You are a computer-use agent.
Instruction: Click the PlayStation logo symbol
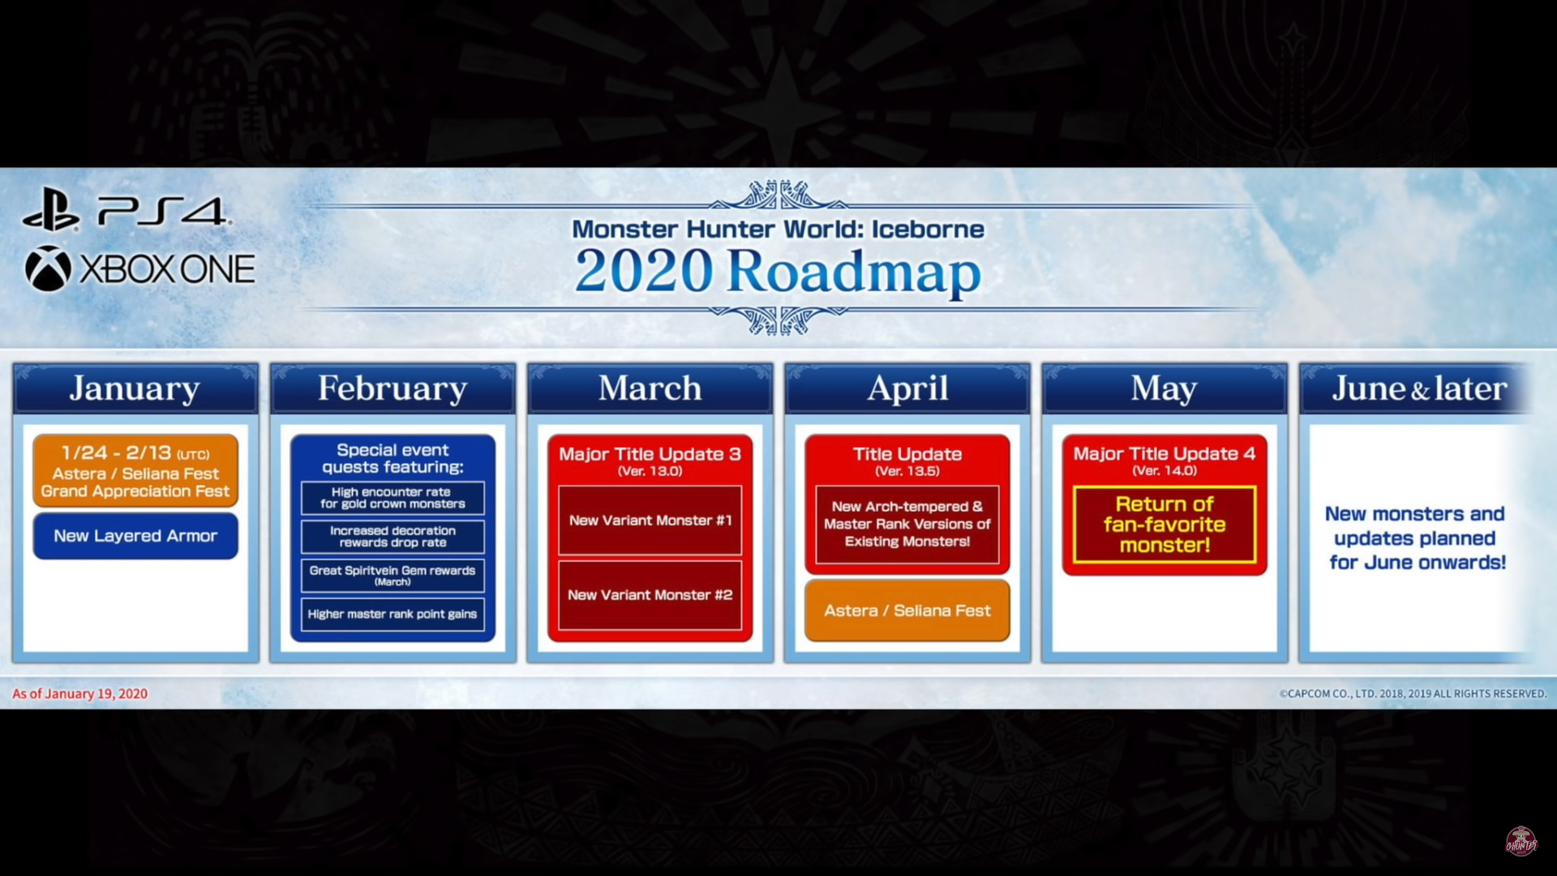coord(50,210)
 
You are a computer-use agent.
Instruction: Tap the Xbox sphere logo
coord(48,268)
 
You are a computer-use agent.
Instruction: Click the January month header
coord(135,389)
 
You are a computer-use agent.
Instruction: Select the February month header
coord(392,389)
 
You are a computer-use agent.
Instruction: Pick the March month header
coord(650,389)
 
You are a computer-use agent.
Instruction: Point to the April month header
coord(907,389)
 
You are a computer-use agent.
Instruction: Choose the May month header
coord(1165,389)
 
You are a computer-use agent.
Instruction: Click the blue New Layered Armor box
coord(135,536)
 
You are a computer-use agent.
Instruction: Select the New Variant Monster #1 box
coord(650,521)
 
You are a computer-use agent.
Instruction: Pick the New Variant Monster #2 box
coord(650,595)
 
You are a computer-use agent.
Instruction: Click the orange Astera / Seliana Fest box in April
coord(907,611)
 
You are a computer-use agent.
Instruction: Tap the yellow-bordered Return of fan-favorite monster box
coord(1165,525)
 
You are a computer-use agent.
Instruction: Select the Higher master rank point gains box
coord(392,614)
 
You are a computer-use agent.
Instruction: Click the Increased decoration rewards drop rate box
coord(392,536)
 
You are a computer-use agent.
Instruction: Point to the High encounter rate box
coord(392,498)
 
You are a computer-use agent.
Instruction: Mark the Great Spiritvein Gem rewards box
coord(392,575)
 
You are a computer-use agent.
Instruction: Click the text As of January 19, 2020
coord(79,693)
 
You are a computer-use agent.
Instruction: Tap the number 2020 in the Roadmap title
coord(644,271)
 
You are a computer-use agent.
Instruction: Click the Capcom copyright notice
coord(1413,693)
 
